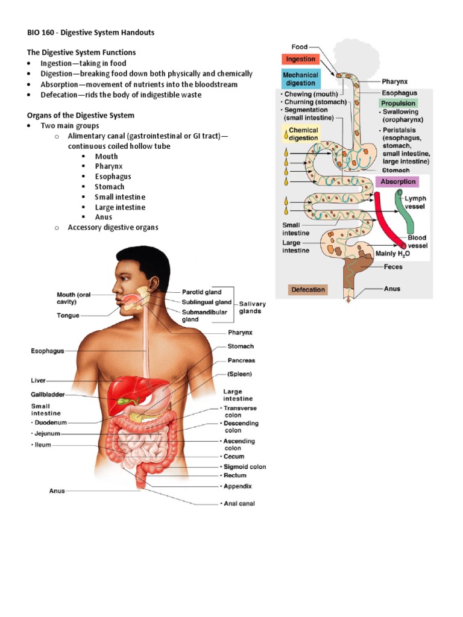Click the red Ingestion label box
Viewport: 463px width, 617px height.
(300, 59)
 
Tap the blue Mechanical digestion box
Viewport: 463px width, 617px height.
(300, 79)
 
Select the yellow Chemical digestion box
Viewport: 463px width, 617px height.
(303, 134)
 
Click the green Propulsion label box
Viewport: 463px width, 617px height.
(398, 104)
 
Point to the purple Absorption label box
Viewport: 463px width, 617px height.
(397, 181)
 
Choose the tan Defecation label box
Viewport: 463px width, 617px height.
(308, 290)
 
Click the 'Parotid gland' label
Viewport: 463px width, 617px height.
(202, 292)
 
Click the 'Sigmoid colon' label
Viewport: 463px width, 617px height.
(245, 466)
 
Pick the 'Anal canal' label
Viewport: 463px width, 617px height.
(239, 504)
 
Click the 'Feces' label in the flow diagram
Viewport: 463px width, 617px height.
(393, 267)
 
